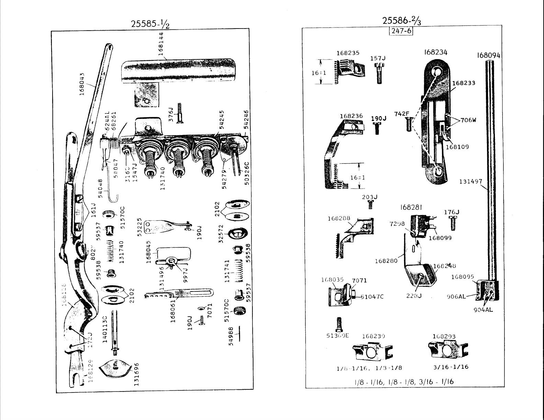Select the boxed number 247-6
(400, 31)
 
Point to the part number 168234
(435, 52)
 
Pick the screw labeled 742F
(408, 124)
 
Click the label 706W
(468, 120)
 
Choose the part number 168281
(411, 207)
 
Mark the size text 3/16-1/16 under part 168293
(451, 367)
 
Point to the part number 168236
(351, 116)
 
